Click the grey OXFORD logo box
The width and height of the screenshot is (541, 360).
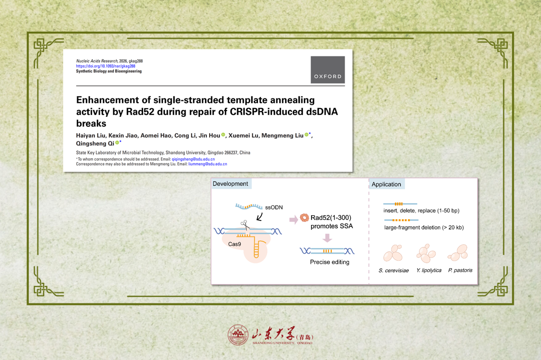coord(327,69)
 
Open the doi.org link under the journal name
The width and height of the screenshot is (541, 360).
coord(106,66)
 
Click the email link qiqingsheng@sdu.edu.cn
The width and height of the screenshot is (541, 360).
coord(193,159)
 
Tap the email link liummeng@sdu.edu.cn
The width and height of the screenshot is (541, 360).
coord(208,164)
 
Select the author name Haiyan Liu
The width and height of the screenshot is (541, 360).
coord(91,135)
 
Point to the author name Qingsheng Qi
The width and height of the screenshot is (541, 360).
coord(95,143)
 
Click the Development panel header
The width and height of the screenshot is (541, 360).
coord(230,184)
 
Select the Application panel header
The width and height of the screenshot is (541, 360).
coord(386,184)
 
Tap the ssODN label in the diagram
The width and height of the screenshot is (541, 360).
coord(274,208)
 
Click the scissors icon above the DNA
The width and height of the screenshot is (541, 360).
coord(245,225)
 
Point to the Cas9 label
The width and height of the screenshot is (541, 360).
coord(235,244)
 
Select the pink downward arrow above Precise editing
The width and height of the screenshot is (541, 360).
coord(327,238)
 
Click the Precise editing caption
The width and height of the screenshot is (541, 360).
coord(329,262)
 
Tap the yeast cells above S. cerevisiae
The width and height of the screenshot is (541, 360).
coord(393,253)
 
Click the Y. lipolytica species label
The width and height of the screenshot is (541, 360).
coord(429,270)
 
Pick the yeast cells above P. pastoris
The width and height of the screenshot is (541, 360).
coord(458,253)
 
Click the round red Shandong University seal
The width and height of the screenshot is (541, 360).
coord(238,335)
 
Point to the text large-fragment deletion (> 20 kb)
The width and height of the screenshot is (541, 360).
coord(424,227)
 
